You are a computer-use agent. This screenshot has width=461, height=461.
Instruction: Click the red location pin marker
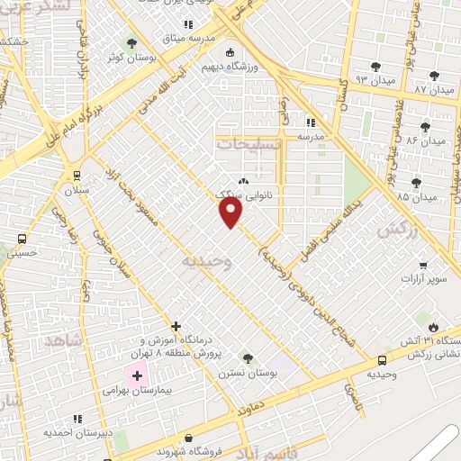[x=231, y=212]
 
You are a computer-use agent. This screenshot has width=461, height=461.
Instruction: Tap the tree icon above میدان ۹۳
[x=375, y=67]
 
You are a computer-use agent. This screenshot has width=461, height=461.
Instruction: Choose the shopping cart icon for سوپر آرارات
[x=424, y=266]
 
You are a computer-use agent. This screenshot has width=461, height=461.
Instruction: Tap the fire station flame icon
[x=435, y=328]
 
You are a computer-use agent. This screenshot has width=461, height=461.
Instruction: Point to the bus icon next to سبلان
[x=77, y=176]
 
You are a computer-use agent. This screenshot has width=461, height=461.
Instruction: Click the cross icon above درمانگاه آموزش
[x=176, y=325]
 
